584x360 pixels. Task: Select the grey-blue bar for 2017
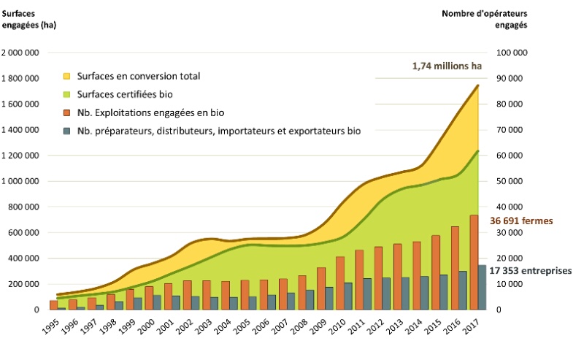[482, 287]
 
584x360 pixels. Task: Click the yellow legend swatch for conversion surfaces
[68, 77]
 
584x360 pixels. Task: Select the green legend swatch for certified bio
[68, 95]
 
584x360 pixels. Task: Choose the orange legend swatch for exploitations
[68, 113]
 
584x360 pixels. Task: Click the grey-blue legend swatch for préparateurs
[68, 131]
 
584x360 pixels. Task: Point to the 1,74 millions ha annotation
[447, 66]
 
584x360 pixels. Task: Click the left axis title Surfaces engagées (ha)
[28, 20]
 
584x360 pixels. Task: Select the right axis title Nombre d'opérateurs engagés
[485, 20]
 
